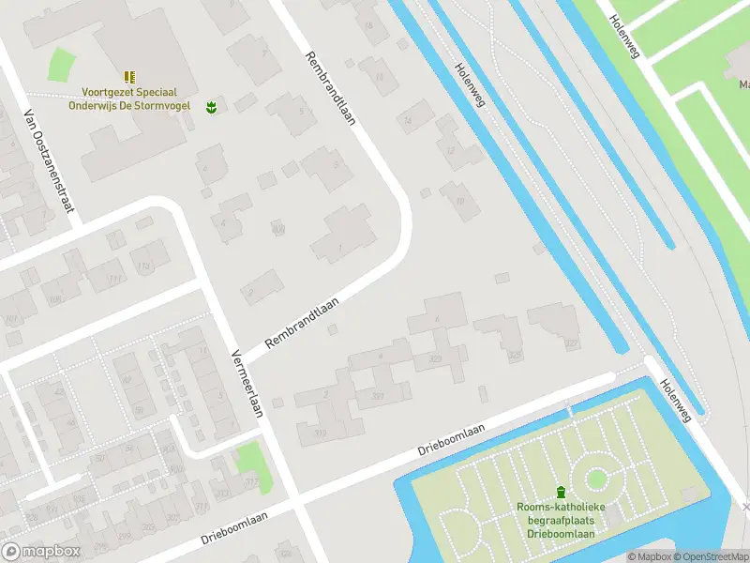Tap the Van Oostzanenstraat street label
(x=48, y=160)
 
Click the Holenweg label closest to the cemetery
(x=674, y=401)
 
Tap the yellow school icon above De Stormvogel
(x=129, y=77)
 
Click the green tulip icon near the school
(x=212, y=106)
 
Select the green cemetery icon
(x=561, y=492)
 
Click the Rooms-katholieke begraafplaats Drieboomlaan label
(x=561, y=520)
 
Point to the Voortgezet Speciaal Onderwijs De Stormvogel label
(x=129, y=99)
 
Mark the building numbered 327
(x=572, y=343)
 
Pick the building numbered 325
(x=514, y=356)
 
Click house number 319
(x=321, y=433)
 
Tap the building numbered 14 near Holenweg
(x=407, y=119)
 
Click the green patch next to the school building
(x=62, y=63)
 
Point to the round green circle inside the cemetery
(x=596, y=479)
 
